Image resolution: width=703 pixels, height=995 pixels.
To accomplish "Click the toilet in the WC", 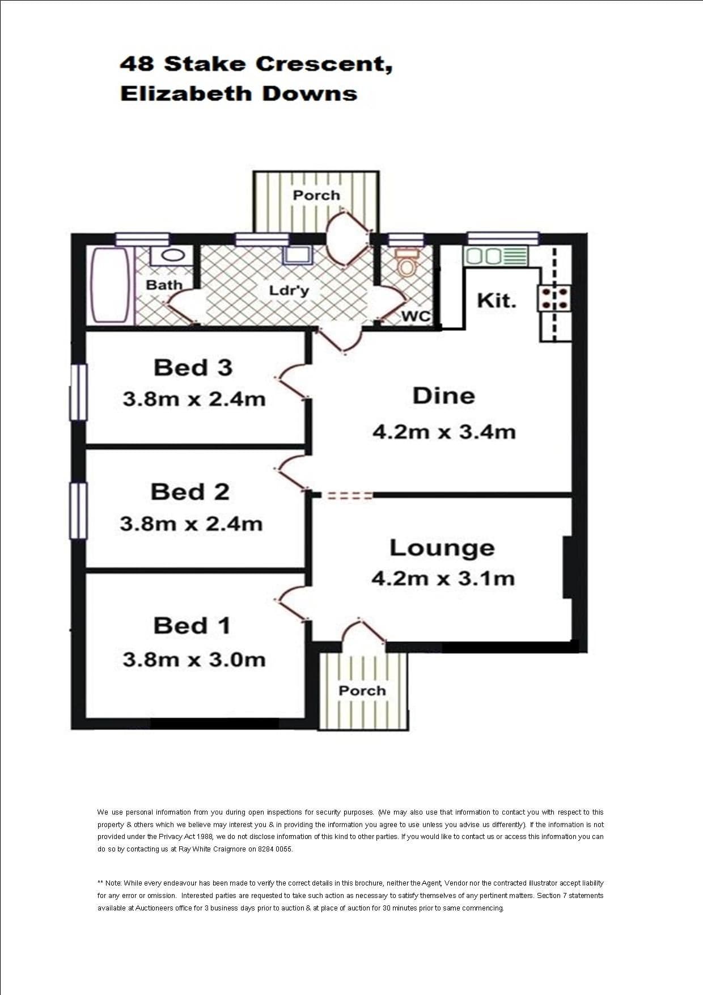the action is click(x=405, y=262).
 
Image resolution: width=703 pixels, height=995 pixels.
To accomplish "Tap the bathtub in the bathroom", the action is click(x=110, y=285).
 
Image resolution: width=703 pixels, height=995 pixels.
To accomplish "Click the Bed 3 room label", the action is click(x=193, y=368).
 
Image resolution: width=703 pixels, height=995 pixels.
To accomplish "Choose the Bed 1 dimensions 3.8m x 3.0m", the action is click(x=194, y=659).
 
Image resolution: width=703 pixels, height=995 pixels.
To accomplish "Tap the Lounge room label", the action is click(x=442, y=548).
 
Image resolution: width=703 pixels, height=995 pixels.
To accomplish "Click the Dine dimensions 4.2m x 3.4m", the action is click(x=444, y=432).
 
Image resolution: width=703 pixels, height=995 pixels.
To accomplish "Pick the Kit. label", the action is click(x=497, y=300).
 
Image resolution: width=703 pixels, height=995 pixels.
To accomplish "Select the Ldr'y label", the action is click(x=289, y=290).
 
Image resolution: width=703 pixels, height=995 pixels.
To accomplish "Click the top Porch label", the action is click(x=316, y=195).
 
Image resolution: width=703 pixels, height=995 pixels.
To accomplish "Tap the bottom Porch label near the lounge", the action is click(x=362, y=690).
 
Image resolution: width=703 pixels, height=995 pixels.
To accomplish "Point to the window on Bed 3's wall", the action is click(x=78, y=392).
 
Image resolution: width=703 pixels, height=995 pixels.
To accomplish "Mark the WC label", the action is click(x=416, y=316).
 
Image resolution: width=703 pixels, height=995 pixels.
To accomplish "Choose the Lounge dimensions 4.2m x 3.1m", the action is click(x=443, y=579).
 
